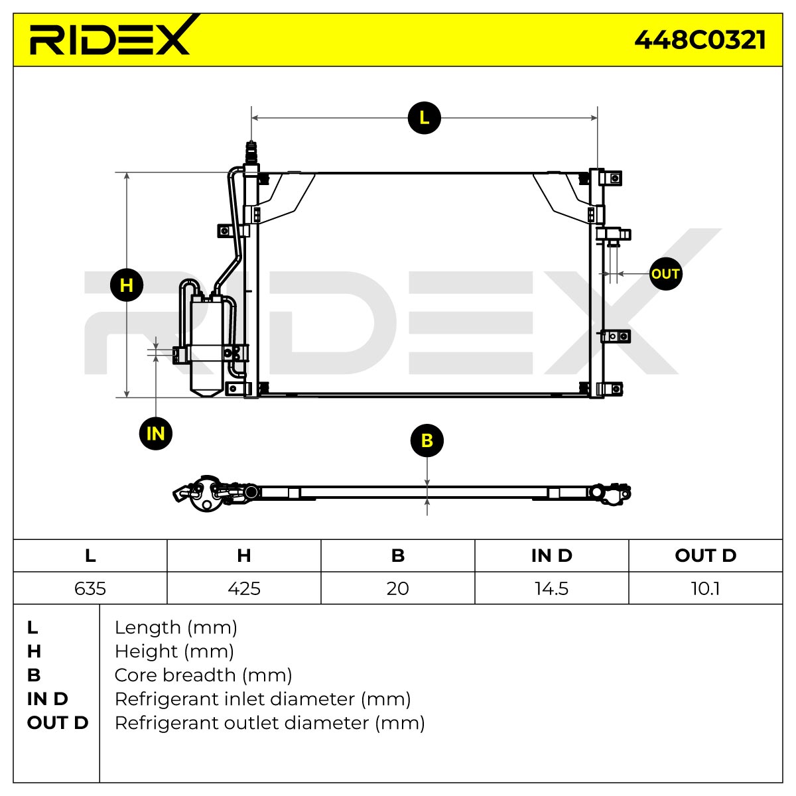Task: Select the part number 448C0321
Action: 700,40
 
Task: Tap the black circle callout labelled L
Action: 425,117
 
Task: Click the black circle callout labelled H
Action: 127,285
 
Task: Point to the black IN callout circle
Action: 156,433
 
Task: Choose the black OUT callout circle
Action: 665,273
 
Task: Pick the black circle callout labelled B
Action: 427,440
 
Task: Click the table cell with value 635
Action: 90,588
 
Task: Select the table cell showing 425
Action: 244,588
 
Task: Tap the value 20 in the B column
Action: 398,588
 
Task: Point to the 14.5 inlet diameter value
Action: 552,588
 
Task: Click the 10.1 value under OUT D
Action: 706,588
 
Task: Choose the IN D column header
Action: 552,556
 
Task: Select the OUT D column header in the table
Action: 706,556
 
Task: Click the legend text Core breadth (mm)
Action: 203,675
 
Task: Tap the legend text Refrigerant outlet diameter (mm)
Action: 270,723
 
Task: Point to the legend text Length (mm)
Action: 176,628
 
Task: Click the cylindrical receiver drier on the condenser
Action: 206,346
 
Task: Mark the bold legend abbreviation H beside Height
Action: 34,651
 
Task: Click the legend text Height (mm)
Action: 174,651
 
